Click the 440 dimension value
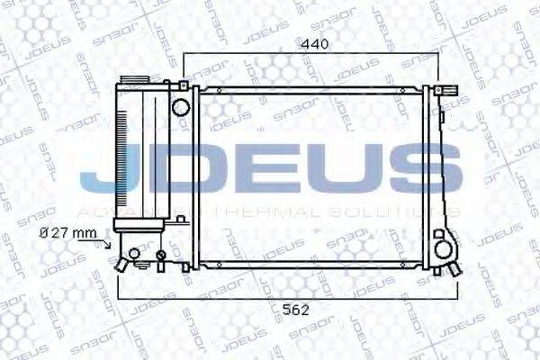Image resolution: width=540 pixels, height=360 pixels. point(314,42)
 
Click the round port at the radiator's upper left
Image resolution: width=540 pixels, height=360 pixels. point(180,107)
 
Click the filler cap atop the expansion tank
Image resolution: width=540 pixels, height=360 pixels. point(136,82)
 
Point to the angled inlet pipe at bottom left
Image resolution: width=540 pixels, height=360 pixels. point(120,263)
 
